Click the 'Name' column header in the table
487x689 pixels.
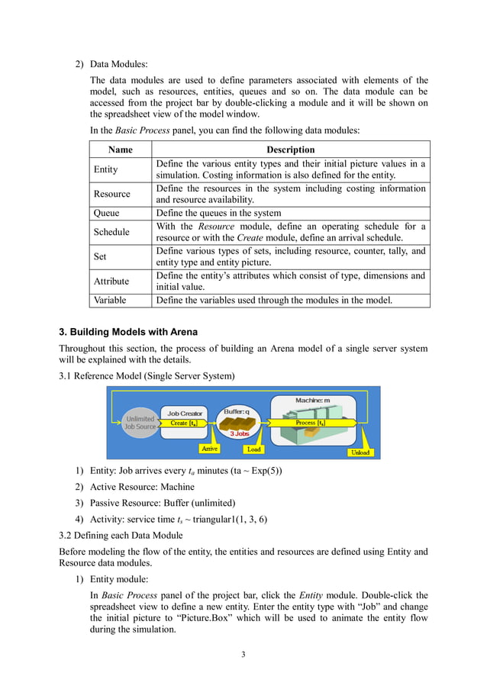click(121, 150)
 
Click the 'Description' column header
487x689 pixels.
click(290, 150)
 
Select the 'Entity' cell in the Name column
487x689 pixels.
click(105, 169)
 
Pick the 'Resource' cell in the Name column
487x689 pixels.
click(111, 194)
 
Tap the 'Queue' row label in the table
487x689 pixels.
click(106, 214)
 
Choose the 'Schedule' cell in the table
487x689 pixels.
click(111, 232)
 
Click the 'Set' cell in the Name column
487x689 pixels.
click(100, 256)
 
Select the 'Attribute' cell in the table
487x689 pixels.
click(111, 281)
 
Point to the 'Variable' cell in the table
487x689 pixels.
click(110, 301)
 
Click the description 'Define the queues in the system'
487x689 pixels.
click(218, 214)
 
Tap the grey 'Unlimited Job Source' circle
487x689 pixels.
click(140, 423)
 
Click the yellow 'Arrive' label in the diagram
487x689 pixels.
click(208, 449)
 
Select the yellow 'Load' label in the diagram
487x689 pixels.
click(253, 449)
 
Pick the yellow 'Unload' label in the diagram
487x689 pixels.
click(360, 452)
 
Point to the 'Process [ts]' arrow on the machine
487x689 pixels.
click(311, 423)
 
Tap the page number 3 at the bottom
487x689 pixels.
click(243, 654)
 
